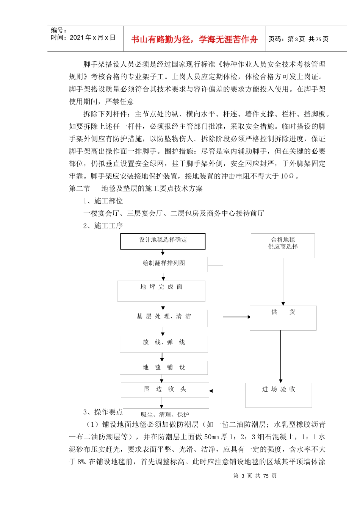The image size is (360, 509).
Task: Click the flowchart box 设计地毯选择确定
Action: pos(163,241)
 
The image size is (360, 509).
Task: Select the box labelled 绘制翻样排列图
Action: pos(164,264)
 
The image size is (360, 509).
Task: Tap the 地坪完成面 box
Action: pos(161,291)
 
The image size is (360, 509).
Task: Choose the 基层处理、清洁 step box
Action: pos(164,318)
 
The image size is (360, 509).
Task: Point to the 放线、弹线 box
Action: pos(164,344)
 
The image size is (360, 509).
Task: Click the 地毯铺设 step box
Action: pos(164,367)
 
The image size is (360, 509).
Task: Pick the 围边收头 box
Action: pos(165,390)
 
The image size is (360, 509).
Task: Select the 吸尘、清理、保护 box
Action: pos(165,414)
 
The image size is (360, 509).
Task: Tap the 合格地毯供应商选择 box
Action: pos(283,245)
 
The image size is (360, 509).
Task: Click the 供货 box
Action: pos(283,318)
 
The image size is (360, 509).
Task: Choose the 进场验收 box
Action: pos(279,395)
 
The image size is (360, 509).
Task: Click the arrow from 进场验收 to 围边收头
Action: pos(227,391)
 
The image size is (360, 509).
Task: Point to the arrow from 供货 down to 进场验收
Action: pos(281,356)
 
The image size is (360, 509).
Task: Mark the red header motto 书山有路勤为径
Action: pos(194,39)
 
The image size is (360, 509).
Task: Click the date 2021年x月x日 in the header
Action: pos(92,38)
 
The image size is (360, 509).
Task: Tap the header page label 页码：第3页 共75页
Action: pos(299,39)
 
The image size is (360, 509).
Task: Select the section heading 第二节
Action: pos(80,189)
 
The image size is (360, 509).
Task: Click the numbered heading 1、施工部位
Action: pos(103,201)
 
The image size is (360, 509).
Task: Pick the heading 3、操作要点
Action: pos(103,412)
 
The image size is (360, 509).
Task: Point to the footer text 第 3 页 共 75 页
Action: pos(255,476)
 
